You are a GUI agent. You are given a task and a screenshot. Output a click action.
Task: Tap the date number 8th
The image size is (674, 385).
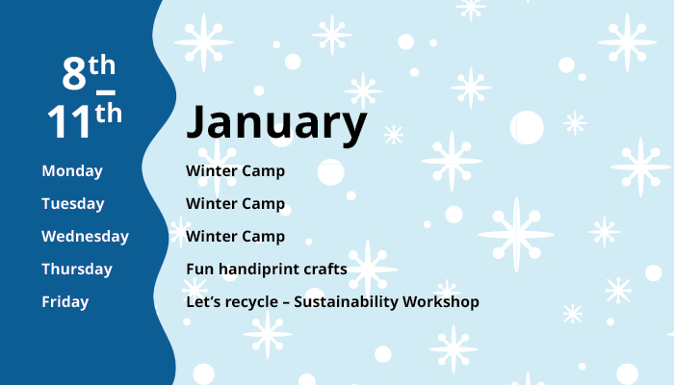pyautogui.click(x=88, y=73)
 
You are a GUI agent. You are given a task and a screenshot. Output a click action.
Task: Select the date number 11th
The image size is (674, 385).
pyautogui.click(x=85, y=121)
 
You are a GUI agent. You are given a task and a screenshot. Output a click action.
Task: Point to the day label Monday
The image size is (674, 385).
pyautogui.click(x=71, y=171)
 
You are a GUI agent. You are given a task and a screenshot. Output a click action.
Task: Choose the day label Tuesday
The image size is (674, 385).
pyautogui.click(x=72, y=204)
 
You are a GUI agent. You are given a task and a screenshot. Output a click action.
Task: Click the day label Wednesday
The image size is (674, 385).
pyautogui.click(x=85, y=237)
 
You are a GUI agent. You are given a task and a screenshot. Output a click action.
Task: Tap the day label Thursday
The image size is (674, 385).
pyautogui.click(x=76, y=269)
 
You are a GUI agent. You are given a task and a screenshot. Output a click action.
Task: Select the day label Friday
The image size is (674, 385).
pyautogui.click(x=65, y=302)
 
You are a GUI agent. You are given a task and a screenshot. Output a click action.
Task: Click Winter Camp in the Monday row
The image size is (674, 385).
pyautogui.click(x=235, y=171)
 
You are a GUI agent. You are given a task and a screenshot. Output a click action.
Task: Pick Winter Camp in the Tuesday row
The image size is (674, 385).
pyautogui.click(x=235, y=204)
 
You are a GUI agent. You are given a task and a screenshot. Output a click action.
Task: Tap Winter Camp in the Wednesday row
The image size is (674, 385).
pyautogui.click(x=235, y=237)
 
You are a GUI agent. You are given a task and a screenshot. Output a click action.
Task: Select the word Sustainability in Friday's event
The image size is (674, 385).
pyautogui.click(x=350, y=302)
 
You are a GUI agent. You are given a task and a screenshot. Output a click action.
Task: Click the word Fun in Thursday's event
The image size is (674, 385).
pyautogui.click(x=199, y=269)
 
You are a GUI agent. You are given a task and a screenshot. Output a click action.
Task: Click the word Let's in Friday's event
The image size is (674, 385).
pyautogui.click(x=204, y=302)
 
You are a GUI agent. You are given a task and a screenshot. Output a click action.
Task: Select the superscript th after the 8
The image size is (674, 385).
pyautogui.click(x=102, y=65)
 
